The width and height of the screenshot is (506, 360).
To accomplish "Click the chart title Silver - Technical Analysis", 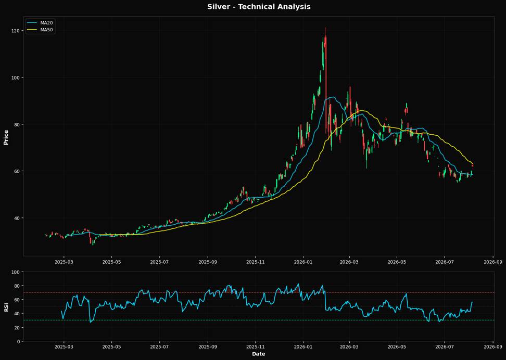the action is (x=259, y=7).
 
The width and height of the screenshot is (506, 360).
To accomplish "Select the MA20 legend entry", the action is (x=40, y=23).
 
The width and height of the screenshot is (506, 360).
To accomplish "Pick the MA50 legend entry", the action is (x=40, y=30).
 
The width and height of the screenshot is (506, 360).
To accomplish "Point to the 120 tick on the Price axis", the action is (x=16, y=31).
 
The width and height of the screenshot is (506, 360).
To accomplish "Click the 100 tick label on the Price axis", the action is (x=16, y=78).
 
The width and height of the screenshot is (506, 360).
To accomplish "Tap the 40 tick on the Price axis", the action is (x=17, y=218).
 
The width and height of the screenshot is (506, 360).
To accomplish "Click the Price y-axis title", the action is (x=6, y=137).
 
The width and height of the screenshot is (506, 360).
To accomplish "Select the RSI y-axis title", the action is (x=6, y=307).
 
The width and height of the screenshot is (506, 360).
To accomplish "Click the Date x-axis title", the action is (x=259, y=354).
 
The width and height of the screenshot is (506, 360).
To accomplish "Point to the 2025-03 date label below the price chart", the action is (x=64, y=262).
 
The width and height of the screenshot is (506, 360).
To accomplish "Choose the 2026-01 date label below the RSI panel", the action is (x=303, y=347).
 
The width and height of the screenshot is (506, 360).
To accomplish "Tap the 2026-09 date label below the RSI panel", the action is (x=494, y=347).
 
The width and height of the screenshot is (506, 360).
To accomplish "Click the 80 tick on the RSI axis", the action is (x=17, y=286).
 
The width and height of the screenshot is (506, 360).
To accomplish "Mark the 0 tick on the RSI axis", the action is (x=18, y=341).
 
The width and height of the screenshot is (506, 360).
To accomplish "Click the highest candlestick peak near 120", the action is (x=325, y=28).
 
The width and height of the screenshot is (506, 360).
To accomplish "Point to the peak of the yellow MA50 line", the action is (x=362, y=110).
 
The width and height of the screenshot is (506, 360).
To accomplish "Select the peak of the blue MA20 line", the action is (x=332, y=97).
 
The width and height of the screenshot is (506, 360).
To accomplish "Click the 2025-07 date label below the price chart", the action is (x=159, y=262).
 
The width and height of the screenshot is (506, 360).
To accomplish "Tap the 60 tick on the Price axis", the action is (x=17, y=171).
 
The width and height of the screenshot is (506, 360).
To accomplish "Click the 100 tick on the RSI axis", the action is (x=16, y=272).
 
